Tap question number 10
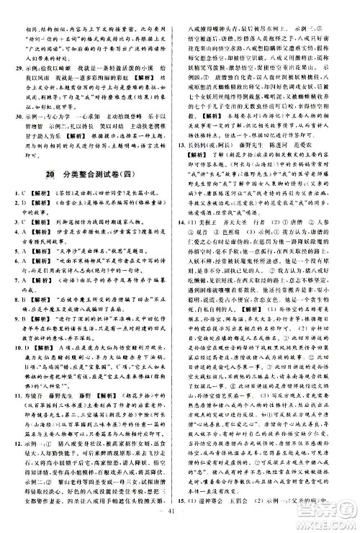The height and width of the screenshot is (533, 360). click(23, 344)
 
